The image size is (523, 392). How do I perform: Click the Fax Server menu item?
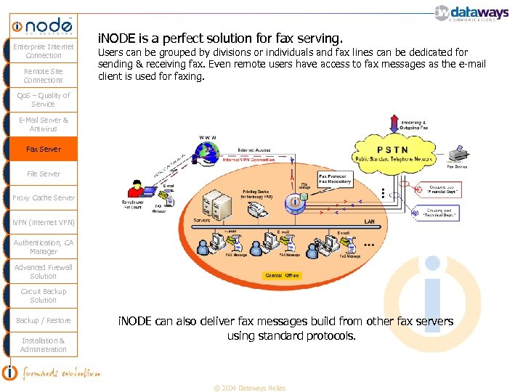click(44, 149)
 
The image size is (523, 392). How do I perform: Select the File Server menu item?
click(44, 173)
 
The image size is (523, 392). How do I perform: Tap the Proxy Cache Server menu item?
click(44, 197)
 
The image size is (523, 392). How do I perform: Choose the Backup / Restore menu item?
click(44, 320)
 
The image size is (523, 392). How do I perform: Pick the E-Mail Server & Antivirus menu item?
click(44, 124)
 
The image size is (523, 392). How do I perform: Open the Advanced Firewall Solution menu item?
click(44, 271)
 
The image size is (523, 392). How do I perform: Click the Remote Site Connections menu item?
click(44, 75)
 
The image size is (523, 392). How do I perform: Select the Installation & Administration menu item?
click(44, 345)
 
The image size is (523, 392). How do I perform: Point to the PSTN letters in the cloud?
click(392, 150)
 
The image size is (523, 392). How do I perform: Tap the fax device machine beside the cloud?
click(458, 155)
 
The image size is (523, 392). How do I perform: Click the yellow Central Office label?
click(283, 275)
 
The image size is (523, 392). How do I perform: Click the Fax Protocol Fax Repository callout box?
click(335, 179)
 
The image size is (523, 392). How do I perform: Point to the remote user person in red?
click(135, 189)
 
